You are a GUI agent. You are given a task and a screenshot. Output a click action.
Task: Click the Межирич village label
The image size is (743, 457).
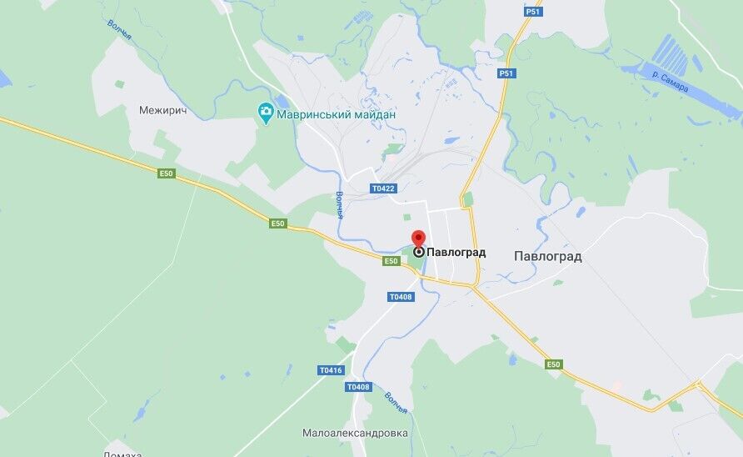click(163, 110)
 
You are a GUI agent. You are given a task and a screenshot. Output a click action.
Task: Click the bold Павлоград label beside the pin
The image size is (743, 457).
click(456, 252)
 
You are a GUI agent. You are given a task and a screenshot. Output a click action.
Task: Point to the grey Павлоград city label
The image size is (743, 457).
click(547, 256)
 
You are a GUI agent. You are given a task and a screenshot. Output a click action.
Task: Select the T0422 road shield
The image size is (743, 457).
click(383, 188)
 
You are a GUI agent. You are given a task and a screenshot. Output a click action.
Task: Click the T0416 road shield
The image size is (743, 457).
click(330, 369)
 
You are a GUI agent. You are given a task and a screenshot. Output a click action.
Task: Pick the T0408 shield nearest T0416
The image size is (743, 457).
click(357, 387)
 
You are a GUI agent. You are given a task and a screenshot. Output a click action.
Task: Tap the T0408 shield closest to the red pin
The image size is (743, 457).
click(401, 297)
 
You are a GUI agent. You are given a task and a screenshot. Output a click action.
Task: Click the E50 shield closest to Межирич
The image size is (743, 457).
click(167, 173)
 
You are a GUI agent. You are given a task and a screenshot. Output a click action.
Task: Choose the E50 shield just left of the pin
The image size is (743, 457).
click(391, 261)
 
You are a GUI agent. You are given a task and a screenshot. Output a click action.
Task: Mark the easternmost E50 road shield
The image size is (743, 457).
click(554, 364)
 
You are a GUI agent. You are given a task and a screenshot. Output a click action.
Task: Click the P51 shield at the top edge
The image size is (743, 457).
click(533, 11)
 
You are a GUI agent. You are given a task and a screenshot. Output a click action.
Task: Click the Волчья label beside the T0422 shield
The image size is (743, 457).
click(340, 205)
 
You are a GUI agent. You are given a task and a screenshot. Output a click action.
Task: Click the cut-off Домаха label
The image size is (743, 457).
click(122, 453)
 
